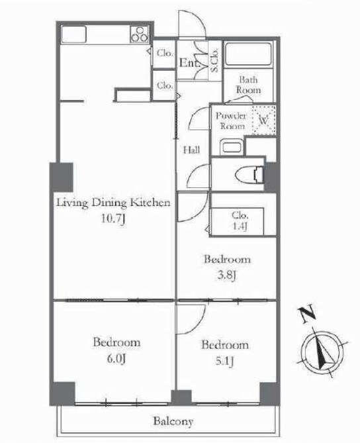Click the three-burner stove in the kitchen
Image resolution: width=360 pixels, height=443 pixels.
pos(139,34)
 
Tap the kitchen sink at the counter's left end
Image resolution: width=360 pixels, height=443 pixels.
pos(73,34)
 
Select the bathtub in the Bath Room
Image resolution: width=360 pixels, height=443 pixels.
pos(249,54)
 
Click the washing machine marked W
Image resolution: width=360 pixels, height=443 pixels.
pos(264,120)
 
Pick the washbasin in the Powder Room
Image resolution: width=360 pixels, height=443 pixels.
pos(232,147)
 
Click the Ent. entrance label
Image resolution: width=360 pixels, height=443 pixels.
pos(189,63)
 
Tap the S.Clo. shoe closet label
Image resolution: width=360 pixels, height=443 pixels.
pos(214,60)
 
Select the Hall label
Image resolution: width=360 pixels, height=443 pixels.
pos(191,150)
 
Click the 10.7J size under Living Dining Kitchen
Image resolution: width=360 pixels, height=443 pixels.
pos(113,219)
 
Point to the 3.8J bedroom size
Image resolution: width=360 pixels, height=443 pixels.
pos(226,275)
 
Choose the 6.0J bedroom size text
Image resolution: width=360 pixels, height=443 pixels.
pos(116,358)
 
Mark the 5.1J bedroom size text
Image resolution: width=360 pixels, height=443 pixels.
pos(225,361)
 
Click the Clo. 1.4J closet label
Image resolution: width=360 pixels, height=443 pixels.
pos(240,221)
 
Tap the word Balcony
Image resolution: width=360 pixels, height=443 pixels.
pos(173,421)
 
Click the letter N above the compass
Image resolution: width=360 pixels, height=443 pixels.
pos(307,313)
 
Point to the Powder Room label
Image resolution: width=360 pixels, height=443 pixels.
pos(231,121)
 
